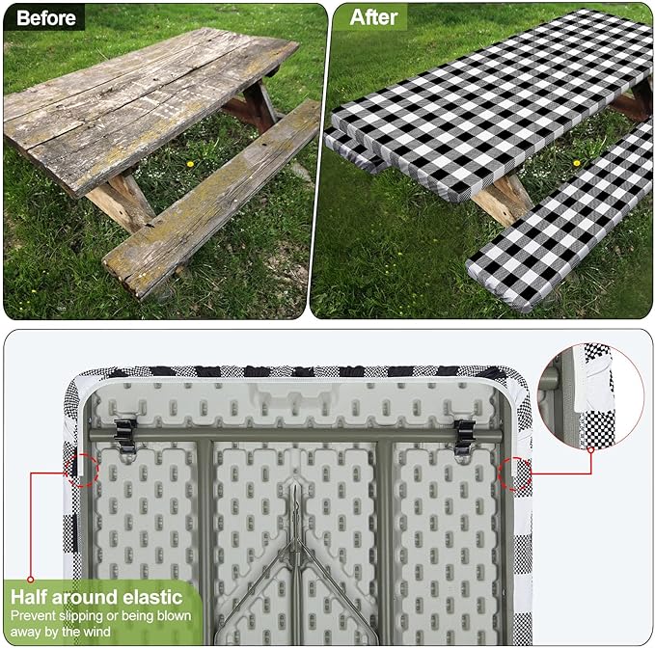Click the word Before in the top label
[44, 17]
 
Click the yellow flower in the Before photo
[189, 164]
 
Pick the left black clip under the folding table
[126, 436]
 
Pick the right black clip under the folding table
[464, 436]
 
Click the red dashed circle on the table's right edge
[516, 473]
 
